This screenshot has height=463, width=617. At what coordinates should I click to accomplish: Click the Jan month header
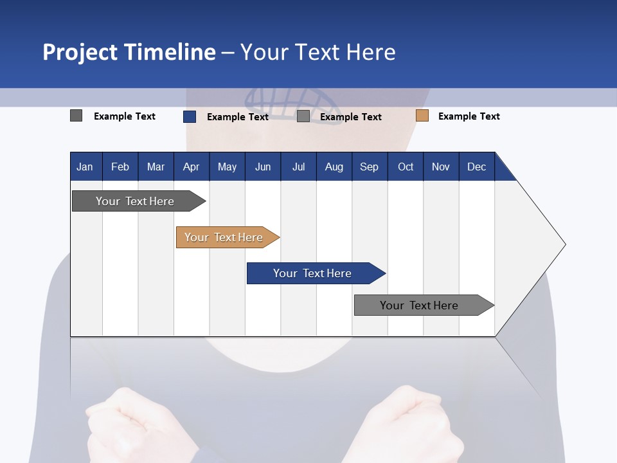[85, 167]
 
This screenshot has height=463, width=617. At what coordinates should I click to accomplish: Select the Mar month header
[156, 167]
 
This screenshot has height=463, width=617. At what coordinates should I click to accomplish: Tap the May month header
[227, 167]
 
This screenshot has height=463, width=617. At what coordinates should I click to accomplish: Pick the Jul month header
[298, 167]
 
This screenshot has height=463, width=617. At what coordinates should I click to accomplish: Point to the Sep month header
[369, 167]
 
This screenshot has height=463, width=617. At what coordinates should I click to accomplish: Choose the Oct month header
[406, 167]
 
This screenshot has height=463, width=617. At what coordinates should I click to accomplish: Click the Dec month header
[476, 167]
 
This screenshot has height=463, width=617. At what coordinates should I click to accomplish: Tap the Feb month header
[120, 167]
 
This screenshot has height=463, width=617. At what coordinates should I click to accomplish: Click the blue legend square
[189, 116]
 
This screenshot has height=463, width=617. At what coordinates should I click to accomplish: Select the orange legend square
[422, 116]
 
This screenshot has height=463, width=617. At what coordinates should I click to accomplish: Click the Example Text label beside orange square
[469, 116]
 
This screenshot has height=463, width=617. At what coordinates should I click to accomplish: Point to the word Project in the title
[80, 52]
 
